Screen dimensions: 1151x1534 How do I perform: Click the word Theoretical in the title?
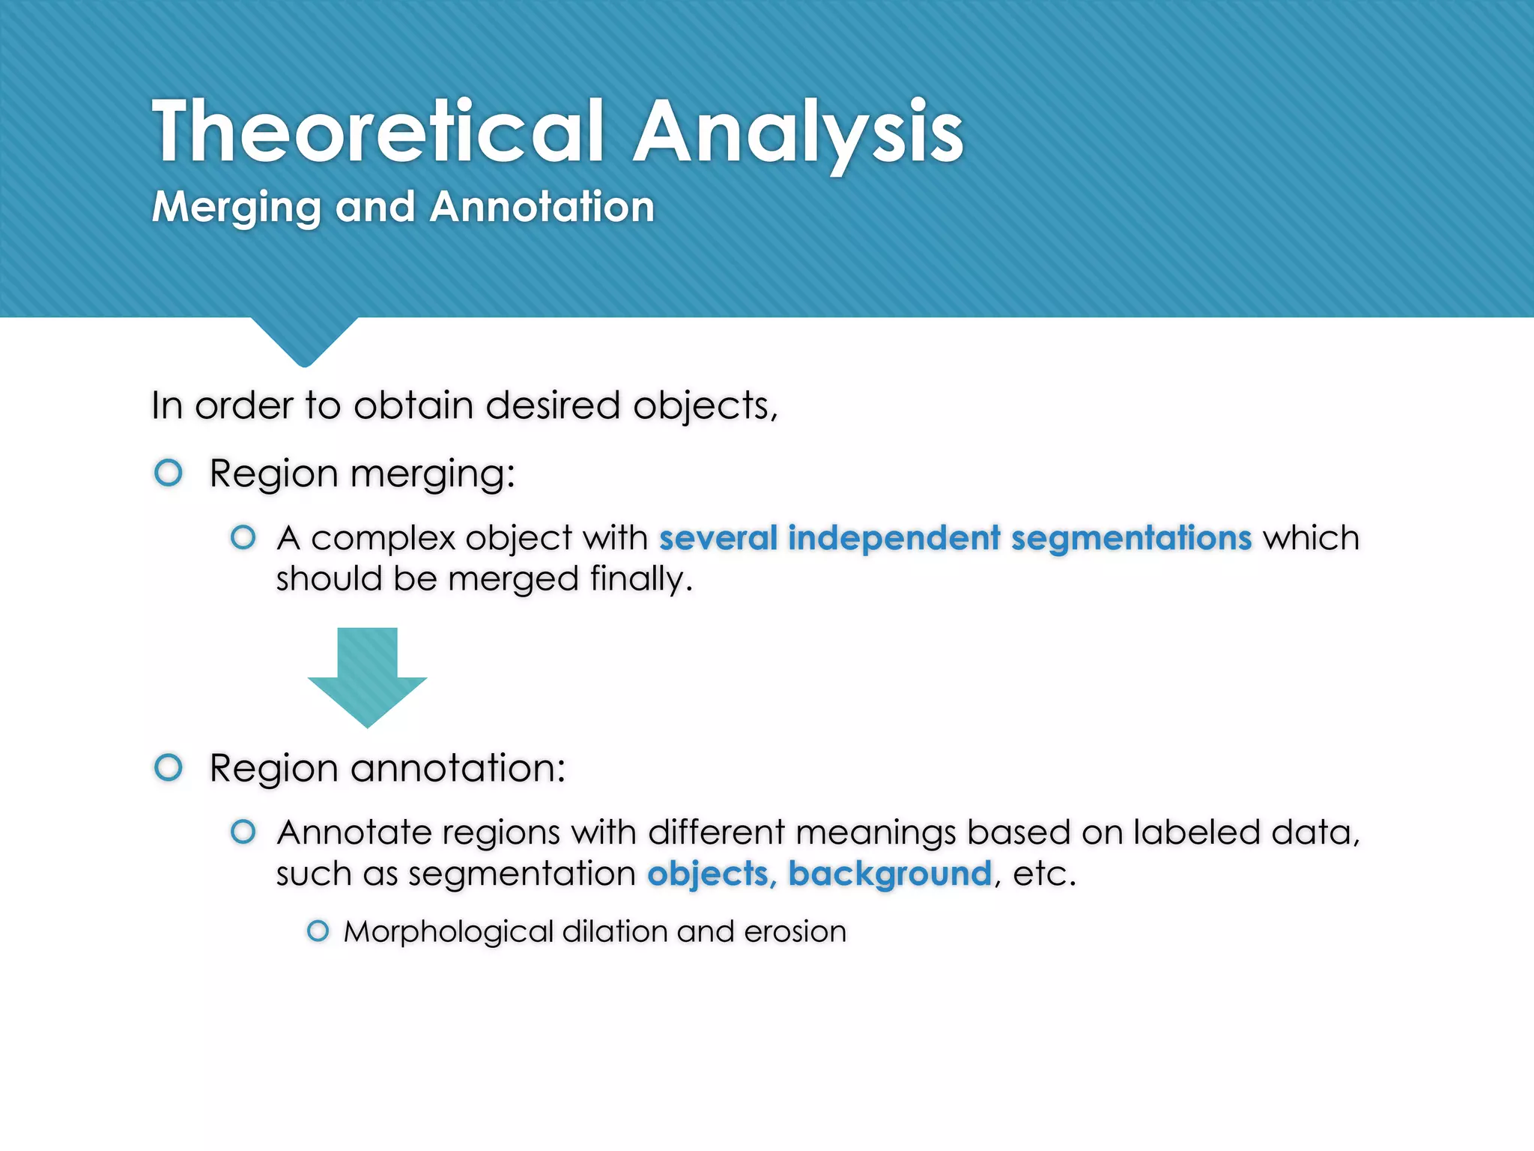click(x=378, y=132)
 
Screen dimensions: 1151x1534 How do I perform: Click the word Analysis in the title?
click(x=798, y=133)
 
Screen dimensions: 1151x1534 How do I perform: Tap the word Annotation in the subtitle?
click(x=542, y=207)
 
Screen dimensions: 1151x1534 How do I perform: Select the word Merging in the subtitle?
click(x=236, y=208)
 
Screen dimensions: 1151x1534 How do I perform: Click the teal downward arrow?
click(x=367, y=675)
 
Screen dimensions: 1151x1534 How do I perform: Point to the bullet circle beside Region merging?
click(x=169, y=473)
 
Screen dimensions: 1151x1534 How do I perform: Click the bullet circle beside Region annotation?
click(x=169, y=767)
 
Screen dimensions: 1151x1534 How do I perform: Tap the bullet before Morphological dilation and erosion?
click(x=318, y=931)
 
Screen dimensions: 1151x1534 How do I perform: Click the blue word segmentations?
click(x=1131, y=539)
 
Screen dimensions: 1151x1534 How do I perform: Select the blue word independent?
click(x=894, y=539)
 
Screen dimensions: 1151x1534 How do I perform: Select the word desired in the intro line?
click(x=553, y=406)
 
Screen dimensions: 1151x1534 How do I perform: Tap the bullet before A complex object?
click(x=243, y=537)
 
